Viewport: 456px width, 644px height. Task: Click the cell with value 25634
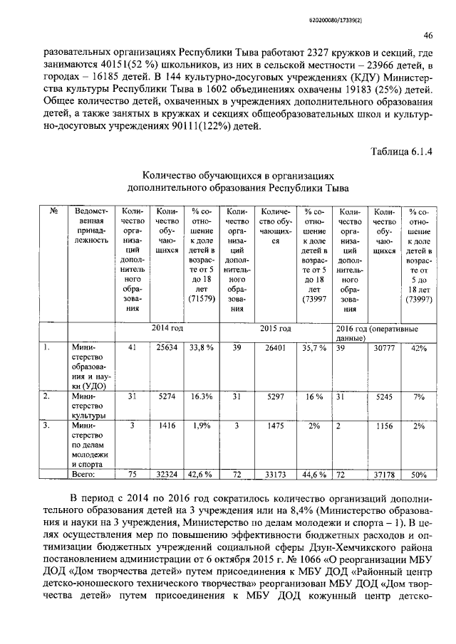click(166, 348)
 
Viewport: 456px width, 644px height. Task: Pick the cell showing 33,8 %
click(202, 348)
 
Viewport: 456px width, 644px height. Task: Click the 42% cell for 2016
click(418, 348)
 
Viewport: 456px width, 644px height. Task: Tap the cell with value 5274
click(166, 396)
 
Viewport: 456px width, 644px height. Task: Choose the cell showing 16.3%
click(202, 396)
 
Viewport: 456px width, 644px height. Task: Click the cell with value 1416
click(166, 425)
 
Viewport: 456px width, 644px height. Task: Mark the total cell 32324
click(166, 474)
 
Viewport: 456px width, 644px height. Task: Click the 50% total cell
click(418, 474)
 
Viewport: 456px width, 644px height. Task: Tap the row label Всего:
click(83, 474)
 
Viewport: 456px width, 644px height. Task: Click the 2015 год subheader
click(275, 329)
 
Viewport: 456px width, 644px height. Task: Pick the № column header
click(53, 211)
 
